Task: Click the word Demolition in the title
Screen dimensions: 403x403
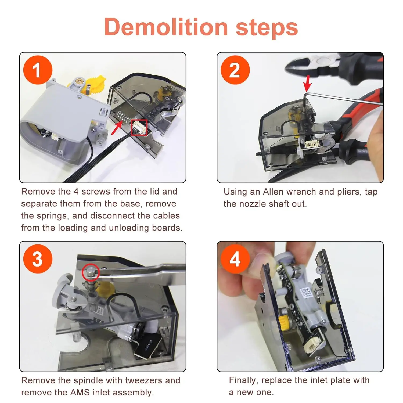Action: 166,27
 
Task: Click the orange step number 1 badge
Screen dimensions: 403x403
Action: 38,70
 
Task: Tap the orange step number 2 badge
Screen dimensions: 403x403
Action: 235,70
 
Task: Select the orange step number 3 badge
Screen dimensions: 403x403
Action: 38,259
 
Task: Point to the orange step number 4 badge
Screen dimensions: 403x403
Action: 235,259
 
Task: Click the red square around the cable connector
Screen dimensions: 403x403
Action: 139,127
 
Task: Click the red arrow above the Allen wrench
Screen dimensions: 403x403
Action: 307,83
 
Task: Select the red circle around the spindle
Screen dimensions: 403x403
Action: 91,272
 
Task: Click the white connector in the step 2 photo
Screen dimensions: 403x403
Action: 314,145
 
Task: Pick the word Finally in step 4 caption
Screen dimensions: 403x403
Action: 244,380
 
